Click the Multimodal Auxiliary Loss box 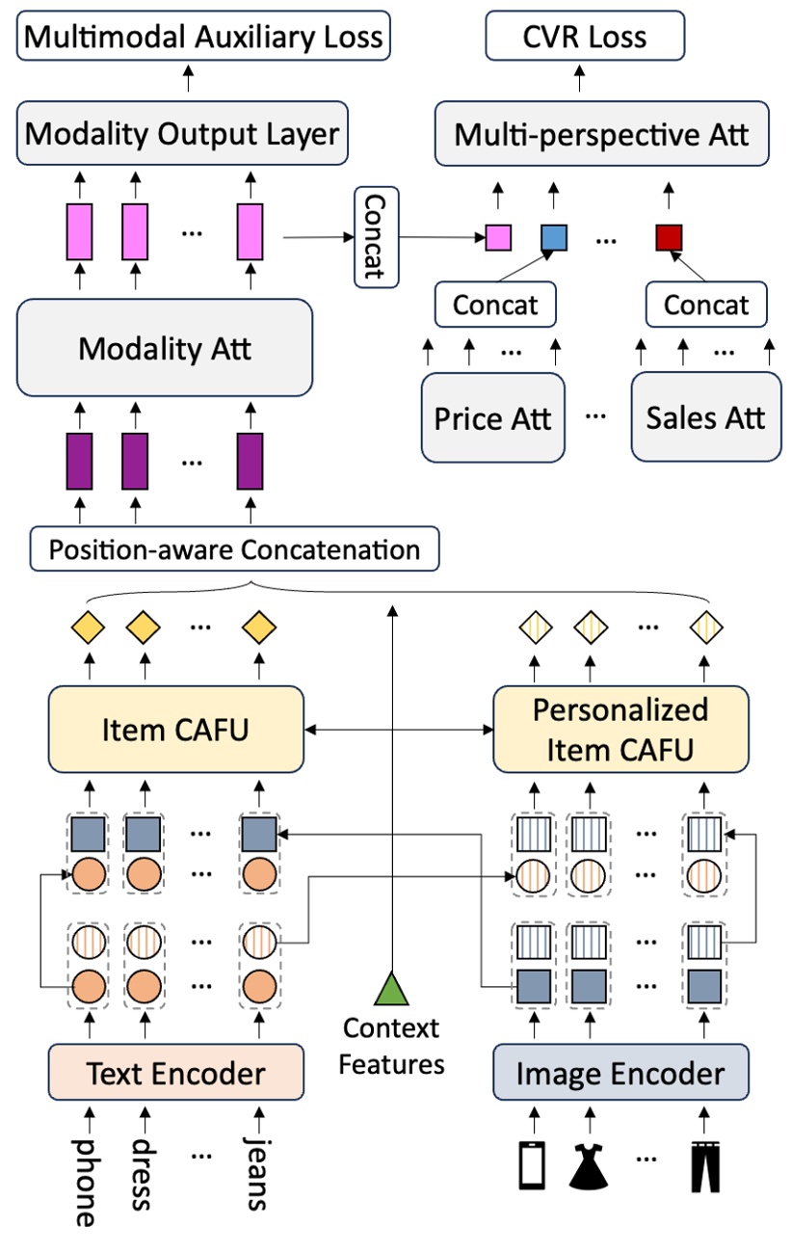point(203,37)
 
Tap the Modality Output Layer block point(182,134)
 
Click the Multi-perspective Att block point(601,134)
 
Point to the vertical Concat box point(377,237)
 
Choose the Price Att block point(492,417)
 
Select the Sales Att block point(705,417)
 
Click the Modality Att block point(165,348)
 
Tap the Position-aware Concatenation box point(234,549)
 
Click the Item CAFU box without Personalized point(175,730)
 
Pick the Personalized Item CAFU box point(620,730)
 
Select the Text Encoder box point(175,1072)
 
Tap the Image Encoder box point(620,1072)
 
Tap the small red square point(668,236)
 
